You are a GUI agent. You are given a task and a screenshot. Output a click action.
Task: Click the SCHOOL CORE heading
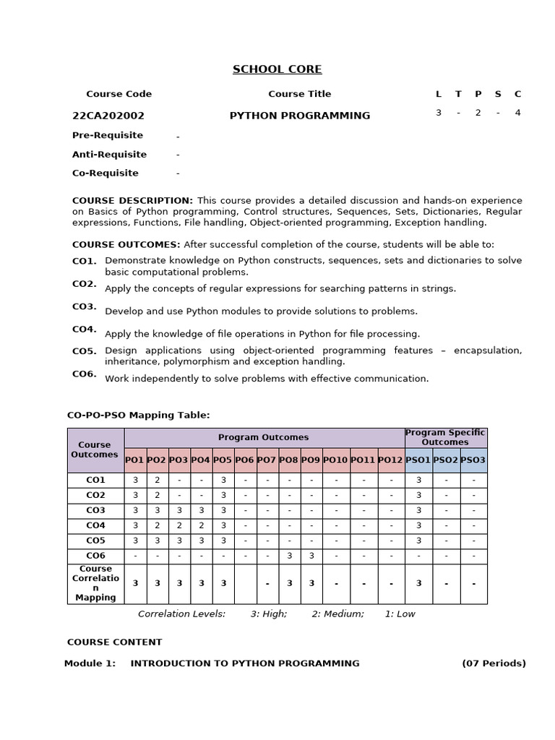[x=277, y=69]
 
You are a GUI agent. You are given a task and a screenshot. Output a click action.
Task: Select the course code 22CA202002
[x=108, y=116]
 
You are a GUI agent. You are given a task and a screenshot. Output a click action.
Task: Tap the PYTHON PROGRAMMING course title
[x=299, y=116]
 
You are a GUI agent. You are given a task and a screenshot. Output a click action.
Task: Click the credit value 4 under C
[x=517, y=113]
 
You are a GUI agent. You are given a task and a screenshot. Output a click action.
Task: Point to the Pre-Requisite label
[x=108, y=135]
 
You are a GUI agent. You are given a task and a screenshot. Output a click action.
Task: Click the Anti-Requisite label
[x=109, y=154]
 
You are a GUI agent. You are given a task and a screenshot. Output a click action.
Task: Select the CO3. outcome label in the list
[x=84, y=306]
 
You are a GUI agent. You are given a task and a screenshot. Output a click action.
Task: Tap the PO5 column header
[x=223, y=460]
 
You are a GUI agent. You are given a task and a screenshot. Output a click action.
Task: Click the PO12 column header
[x=390, y=460]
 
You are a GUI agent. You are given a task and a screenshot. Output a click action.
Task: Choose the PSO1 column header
[x=418, y=460]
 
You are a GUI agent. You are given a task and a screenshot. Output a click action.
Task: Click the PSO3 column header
[x=473, y=460]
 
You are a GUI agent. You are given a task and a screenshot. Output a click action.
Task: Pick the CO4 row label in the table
[x=95, y=525]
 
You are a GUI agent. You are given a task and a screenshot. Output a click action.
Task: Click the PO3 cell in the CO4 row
[x=179, y=525]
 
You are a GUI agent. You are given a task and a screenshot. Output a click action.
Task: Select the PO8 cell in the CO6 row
[x=289, y=556]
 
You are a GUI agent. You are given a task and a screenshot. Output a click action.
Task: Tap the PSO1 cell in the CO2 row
[x=418, y=495]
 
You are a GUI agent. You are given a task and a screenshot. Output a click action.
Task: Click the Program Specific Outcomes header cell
[x=445, y=437]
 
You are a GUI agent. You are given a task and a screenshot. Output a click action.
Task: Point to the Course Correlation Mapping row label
[x=95, y=583]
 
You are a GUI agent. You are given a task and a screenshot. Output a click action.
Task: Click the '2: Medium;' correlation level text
[x=337, y=614]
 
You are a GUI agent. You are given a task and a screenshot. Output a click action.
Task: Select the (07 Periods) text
[x=494, y=663]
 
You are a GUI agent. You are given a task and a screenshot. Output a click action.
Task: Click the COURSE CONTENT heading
[x=114, y=642]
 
